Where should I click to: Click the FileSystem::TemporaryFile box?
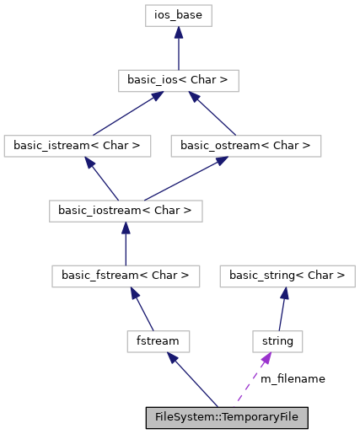226,417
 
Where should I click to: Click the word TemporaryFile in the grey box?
263,417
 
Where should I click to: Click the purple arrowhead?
266,358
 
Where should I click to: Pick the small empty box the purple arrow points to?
277,341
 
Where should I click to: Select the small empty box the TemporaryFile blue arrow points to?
159,341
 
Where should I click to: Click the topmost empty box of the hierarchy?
178,15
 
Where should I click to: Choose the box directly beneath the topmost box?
178,81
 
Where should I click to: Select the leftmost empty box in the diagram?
77,146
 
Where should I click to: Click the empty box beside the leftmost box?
245,146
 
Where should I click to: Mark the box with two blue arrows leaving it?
126,211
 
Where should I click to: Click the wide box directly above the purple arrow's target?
287,276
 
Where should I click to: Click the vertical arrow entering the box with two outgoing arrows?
126,244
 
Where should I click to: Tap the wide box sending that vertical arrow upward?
126,276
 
